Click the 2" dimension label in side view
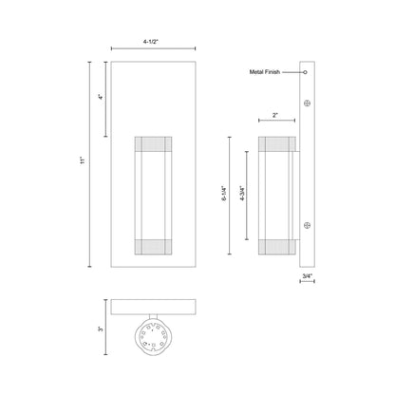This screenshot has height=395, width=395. coord(275,115)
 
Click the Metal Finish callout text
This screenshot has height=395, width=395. coord(269,72)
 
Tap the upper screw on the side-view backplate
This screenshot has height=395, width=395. coord(307,102)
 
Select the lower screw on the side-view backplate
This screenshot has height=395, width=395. coord(307,225)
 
